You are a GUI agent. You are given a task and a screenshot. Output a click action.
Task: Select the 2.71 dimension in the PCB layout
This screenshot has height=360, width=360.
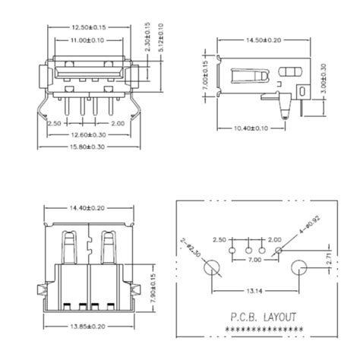click(329, 260)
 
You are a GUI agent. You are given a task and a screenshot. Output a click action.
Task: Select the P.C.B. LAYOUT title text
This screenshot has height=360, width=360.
click(258, 317)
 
